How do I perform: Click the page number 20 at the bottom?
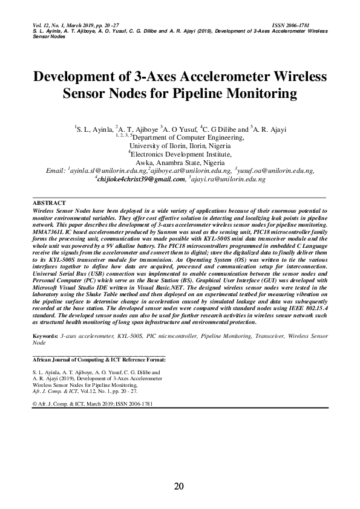[x=179, y=486]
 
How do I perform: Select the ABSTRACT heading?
[x=49, y=203]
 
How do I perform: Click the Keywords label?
[x=45, y=334]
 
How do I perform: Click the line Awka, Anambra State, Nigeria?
[x=180, y=163]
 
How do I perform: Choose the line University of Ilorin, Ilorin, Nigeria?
[x=180, y=146]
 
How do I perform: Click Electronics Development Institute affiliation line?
[x=180, y=154]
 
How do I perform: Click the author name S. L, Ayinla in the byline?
[x=93, y=129]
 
